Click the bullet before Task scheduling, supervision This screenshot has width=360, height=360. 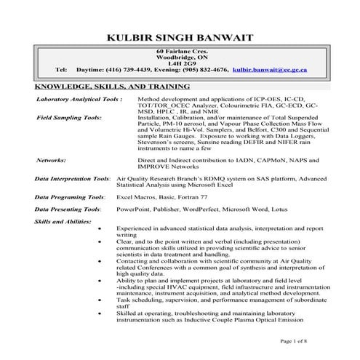tap(100, 300)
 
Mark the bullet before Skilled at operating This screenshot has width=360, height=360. tap(100, 312)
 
